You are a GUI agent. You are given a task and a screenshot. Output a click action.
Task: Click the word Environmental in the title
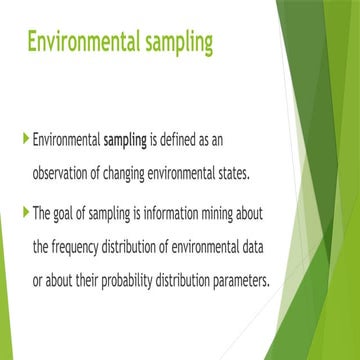click(85, 44)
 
